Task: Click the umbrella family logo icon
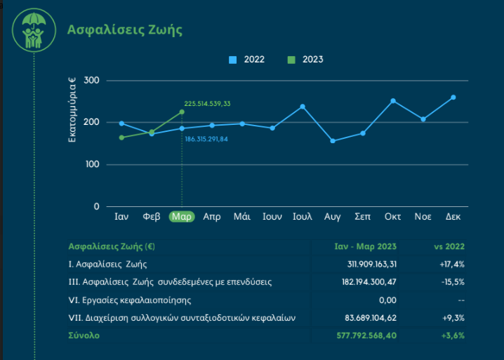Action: point(34,30)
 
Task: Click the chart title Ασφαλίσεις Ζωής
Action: point(124,29)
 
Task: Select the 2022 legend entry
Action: point(246,60)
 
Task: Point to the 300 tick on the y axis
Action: point(91,81)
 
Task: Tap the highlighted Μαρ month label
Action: point(182,217)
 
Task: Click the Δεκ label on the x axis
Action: point(453,217)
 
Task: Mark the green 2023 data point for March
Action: point(182,112)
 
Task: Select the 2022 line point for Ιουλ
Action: point(303,107)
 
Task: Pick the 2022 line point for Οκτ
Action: point(393,100)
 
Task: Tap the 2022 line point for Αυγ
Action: point(333,141)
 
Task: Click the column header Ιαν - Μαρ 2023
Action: point(365,246)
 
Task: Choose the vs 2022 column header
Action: point(449,246)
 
